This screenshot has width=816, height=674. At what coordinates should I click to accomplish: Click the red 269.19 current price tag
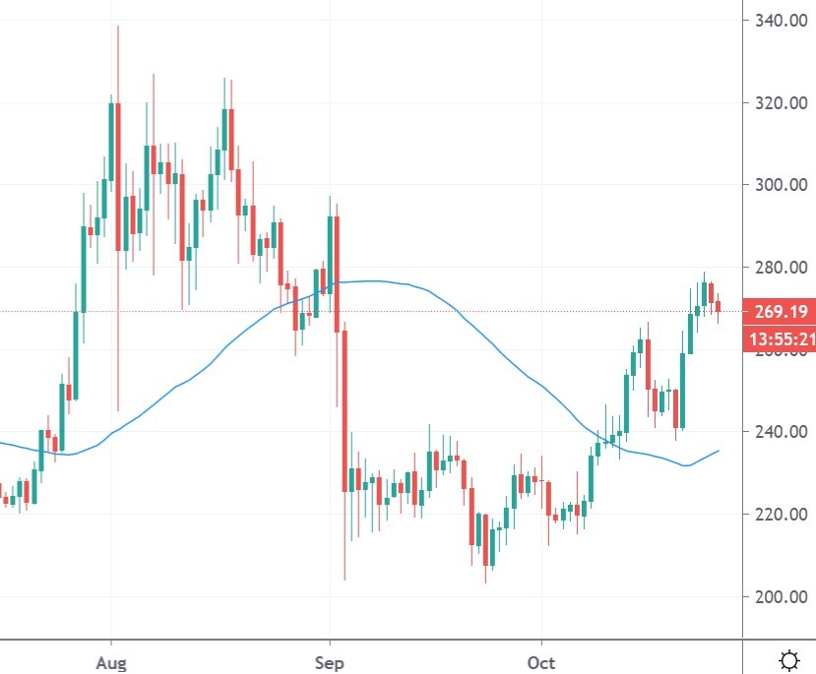tap(780, 312)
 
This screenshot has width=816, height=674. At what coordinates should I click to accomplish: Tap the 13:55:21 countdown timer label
tap(780, 339)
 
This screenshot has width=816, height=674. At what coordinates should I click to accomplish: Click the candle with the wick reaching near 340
tap(118, 177)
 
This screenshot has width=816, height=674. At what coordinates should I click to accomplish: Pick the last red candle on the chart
tap(719, 307)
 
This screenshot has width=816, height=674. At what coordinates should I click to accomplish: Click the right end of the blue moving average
tap(719, 451)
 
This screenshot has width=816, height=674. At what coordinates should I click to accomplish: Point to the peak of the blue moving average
tap(366, 281)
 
